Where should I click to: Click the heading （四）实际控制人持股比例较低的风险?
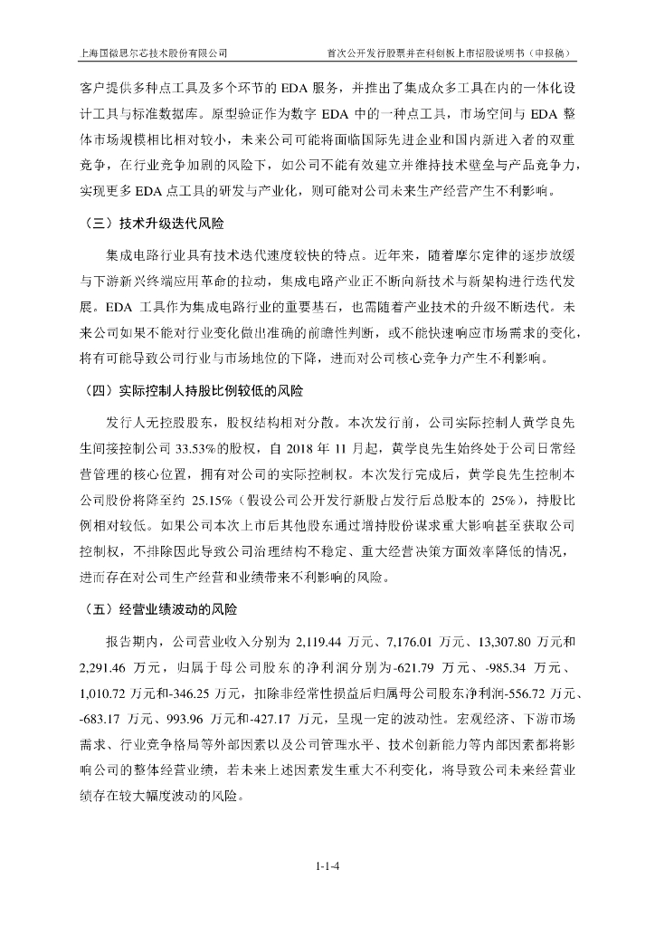click(x=192, y=393)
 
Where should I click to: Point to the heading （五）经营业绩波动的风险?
click(x=158, y=609)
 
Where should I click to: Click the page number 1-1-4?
click(x=327, y=866)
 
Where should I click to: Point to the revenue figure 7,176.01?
click(x=412, y=644)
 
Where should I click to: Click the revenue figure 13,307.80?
click(x=507, y=644)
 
